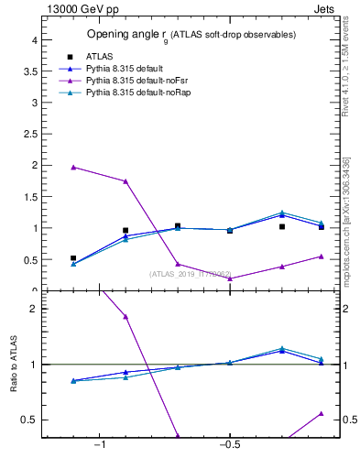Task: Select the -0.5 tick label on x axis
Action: (229, 445)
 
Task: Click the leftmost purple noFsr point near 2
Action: (73, 168)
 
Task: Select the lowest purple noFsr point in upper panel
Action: (230, 278)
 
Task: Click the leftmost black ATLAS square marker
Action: (73, 258)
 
